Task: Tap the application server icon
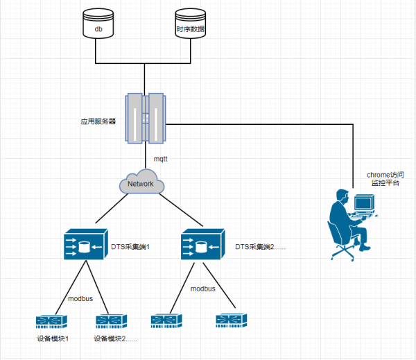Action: point(146,117)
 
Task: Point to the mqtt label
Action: point(161,159)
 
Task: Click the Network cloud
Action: point(141,184)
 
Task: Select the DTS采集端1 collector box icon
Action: point(83,246)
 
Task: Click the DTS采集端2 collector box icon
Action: point(201,246)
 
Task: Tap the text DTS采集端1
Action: point(131,246)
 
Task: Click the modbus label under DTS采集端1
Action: point(80,298)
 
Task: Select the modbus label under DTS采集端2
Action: point(202,288)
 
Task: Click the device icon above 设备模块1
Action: point(53,320)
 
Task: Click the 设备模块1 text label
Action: point(53,339)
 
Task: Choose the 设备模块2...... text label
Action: point(116,339)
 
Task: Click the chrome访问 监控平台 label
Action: point(385,179)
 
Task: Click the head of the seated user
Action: point(340,196)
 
